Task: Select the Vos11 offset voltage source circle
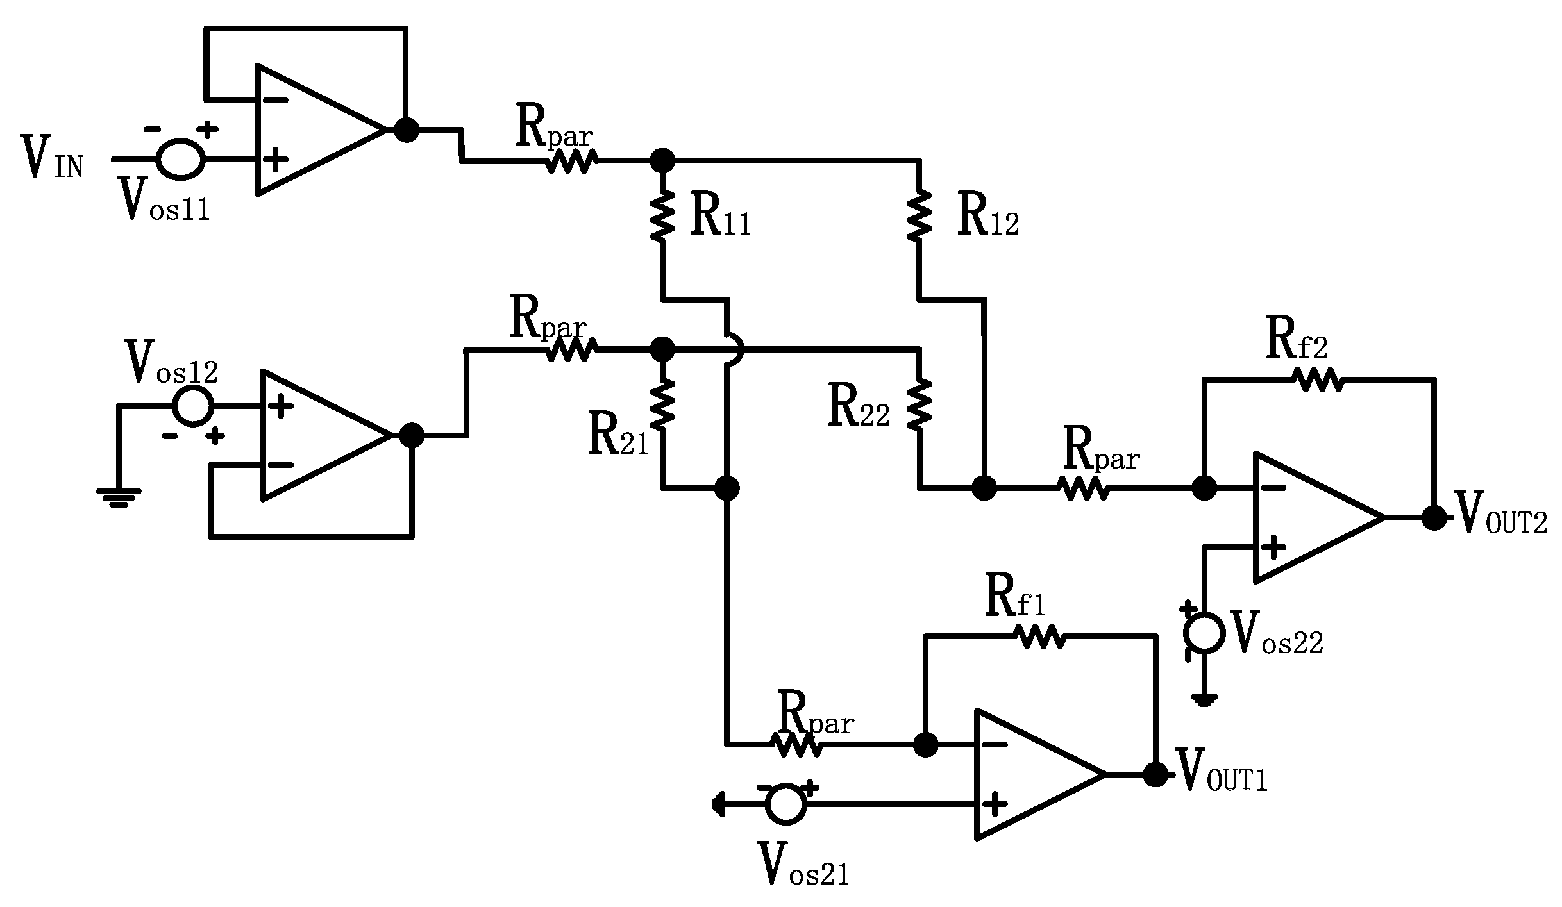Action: pyautogui.click(x=181, y=158)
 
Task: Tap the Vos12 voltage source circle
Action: pyautogui.click(x=193, y=405)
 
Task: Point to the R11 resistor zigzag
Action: pyautogui.click(x=662, y=218)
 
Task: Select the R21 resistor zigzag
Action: pyautogui.click(x=662, y=405)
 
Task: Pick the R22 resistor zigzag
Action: pyautogui.click(x=920, y=405)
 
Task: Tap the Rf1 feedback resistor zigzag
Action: pyautogui.click(x=1039, y=637)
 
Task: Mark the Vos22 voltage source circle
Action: pyautogui.click(x=1205, y=633)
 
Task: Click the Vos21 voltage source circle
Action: pyautogui.click(x=786, y=804)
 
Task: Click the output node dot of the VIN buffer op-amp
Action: pyautogui.click(x=406, y=129)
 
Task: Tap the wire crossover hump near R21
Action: pyautogui.click(x=736, y=350)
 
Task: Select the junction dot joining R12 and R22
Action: pyautogui.click(x=984, y=488)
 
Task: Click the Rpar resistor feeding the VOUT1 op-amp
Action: pyautogui.click(x=796, y=745)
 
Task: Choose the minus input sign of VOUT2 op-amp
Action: pyautogui.click(x=1273, y=488)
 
